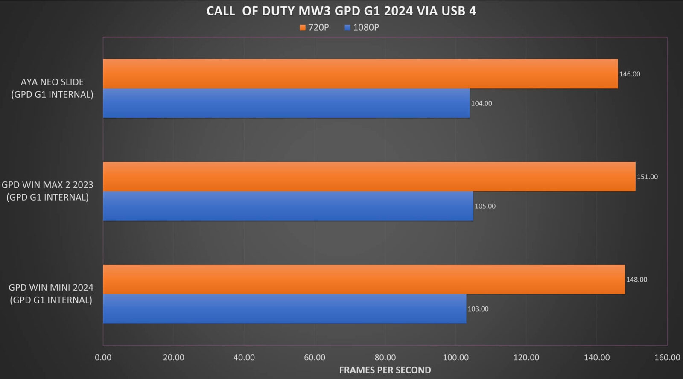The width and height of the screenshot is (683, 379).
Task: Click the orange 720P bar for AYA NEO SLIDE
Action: tap(360, 74)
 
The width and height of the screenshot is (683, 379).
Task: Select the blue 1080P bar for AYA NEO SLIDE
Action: tap(286, 103)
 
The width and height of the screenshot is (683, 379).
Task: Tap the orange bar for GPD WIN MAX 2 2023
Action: tap(369, 176)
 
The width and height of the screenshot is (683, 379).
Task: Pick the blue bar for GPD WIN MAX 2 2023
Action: tap(288, 206)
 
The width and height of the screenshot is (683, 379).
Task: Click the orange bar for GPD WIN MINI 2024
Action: tap(364, 279)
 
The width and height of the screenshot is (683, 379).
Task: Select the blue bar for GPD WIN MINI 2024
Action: tap(284, 309)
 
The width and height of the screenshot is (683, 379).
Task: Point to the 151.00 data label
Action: tap(647, 177)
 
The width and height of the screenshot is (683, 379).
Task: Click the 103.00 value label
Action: tap(478, 309)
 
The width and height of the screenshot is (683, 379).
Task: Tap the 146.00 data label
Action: tap(630, 74)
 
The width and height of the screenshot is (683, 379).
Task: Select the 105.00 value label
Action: tap(485, 206)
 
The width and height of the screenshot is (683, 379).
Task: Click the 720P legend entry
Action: tap(315, 27)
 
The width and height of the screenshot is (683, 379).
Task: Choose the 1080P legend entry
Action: tap(362, 27)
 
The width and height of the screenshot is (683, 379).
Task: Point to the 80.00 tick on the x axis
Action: tap(385, 357)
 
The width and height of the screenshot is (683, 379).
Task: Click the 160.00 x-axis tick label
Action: tap(667, 357)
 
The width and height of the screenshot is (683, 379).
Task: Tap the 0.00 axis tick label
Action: tap(103, 357)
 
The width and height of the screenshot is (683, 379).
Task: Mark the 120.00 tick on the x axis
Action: tap(526, 357)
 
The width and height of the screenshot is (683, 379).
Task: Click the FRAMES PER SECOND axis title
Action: tap(385, 370)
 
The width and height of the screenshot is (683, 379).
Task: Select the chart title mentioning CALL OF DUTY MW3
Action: tap(341, 11)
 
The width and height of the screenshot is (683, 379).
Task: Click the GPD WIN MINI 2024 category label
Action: tap(51, 294)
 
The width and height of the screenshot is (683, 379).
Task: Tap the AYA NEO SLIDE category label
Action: tap(52, 88)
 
